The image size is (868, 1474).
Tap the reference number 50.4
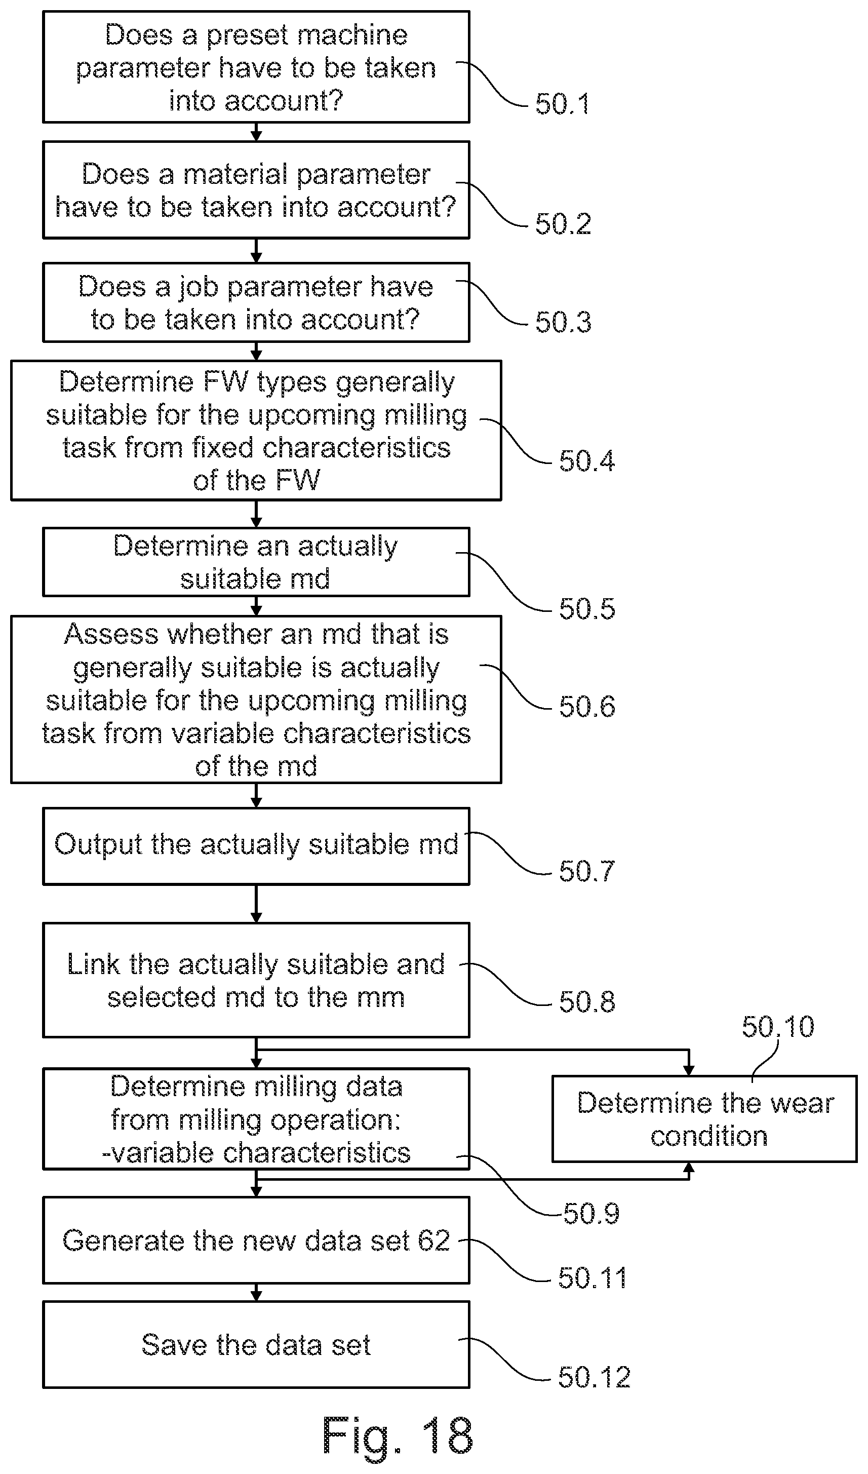586,461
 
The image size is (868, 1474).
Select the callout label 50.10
778,1027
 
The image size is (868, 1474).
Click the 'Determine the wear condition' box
704,1118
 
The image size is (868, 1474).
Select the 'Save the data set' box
256,1344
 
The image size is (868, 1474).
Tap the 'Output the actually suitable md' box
256,846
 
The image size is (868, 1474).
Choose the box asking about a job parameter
256,302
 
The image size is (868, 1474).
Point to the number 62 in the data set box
433,1240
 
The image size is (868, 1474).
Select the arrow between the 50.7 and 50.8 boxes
256,904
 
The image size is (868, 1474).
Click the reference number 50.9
591,1214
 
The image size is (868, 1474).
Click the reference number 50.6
586,706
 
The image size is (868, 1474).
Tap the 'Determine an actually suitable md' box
256,562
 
